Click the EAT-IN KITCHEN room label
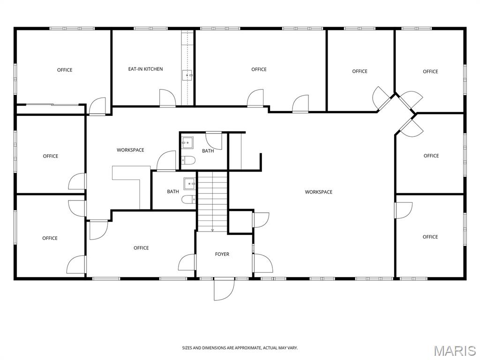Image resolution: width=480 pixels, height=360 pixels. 145,69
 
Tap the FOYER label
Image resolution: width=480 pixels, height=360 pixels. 222,254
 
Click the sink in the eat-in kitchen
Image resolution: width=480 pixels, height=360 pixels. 187,75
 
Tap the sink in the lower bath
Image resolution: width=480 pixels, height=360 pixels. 189,184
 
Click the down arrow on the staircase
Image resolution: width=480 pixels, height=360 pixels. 212,230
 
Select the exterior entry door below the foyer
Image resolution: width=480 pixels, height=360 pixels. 224,289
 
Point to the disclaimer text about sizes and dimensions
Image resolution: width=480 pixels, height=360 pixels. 240,348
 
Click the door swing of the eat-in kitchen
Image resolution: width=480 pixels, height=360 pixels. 167,98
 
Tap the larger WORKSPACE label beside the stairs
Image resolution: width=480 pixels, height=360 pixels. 318,192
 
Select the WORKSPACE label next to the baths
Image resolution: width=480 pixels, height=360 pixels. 130,150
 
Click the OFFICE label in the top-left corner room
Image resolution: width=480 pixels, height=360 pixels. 65,70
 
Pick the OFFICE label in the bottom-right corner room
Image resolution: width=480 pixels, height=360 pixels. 430,237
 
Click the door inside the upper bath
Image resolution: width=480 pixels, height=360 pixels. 214,141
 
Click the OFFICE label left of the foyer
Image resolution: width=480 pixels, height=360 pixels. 141,248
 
